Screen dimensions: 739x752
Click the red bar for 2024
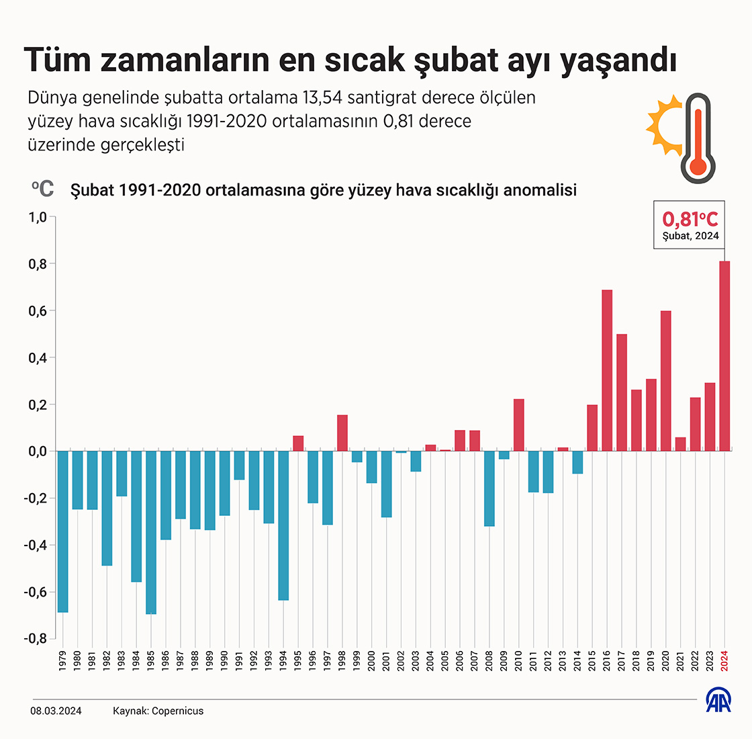click(724, 356)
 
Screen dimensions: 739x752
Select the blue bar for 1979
click(63, 531)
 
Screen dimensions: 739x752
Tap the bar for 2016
click(607, 370)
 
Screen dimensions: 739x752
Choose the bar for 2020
click(666, 380)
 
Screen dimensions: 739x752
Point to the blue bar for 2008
click(489, 488)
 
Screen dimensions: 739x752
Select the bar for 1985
click(151, 532)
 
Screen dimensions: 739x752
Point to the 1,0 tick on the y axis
click(37, 218)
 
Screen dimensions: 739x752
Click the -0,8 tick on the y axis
click(35, 639)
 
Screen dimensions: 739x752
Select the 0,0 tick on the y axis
click(37, 451)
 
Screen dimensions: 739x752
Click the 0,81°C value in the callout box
click(690, 219)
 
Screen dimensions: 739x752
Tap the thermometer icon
click(698, 139)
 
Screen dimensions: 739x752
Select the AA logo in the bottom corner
click(718, 701)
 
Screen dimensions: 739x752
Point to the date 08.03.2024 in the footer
click(56, 711)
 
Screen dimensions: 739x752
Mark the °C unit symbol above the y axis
click(42, 189)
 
